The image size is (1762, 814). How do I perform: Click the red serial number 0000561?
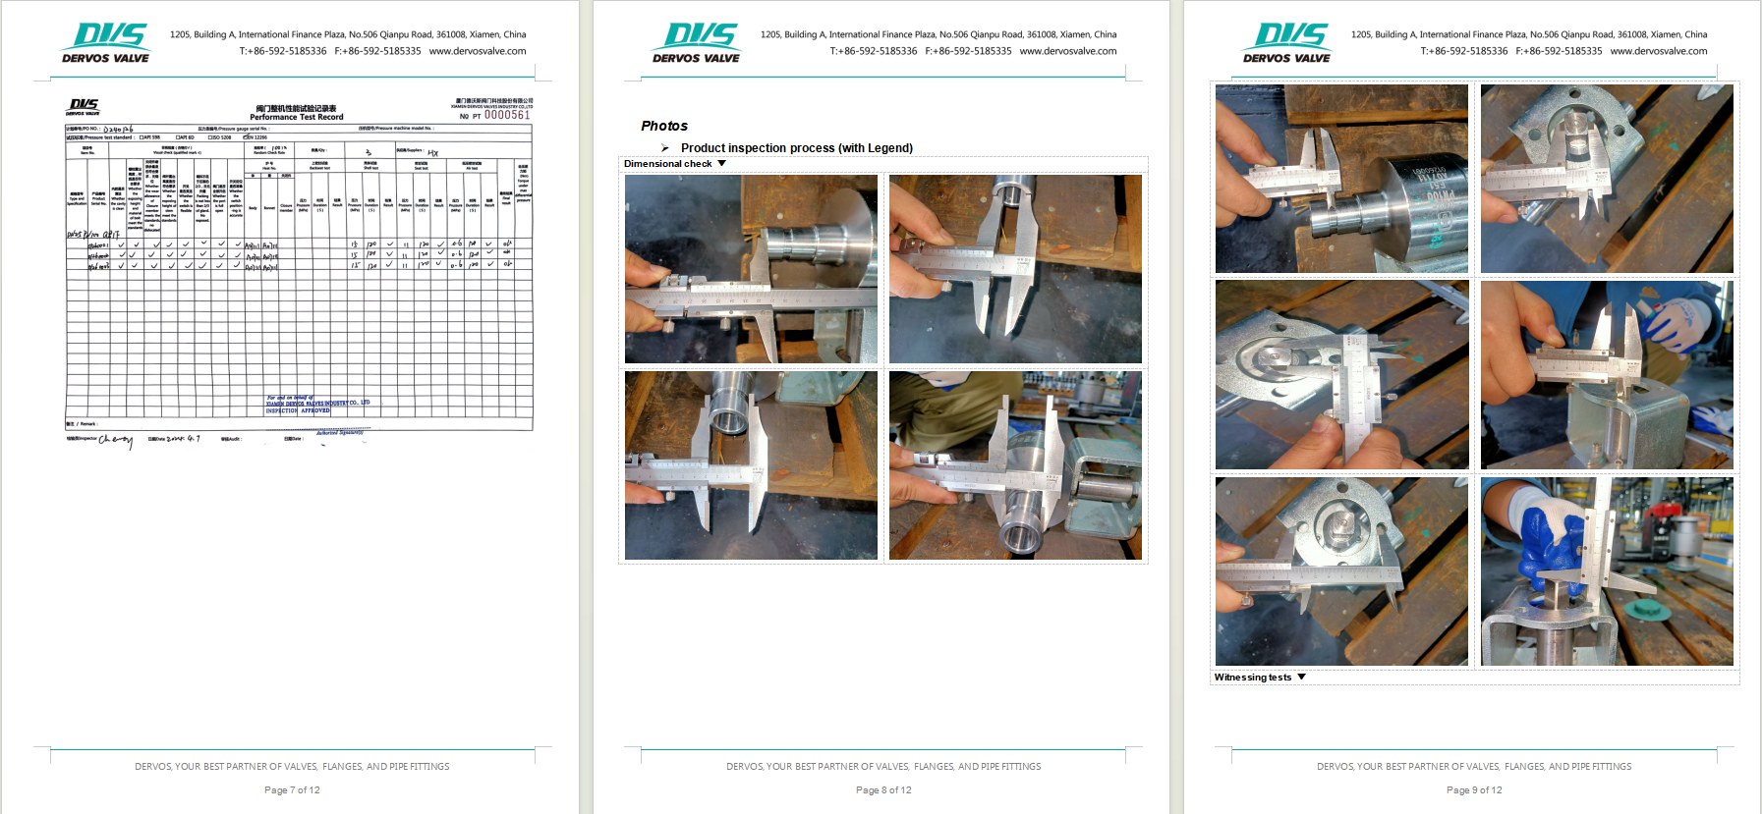tap(506, 115)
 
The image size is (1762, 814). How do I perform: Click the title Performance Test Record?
tap(297, 117)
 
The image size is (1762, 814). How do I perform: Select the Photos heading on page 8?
tap(664, 126)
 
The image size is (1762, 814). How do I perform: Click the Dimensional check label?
tap(667, 164)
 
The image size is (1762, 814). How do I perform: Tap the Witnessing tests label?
tap(1253, 678)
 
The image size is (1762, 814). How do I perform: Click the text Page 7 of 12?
tap(292, 789)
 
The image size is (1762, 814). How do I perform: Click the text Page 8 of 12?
tap(883, 789)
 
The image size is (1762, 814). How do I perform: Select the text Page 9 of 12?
tap(1474, 789)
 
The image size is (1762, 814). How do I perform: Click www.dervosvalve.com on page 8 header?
tap(1068, 51)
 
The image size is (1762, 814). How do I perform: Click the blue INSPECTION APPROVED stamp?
tap(298, 407)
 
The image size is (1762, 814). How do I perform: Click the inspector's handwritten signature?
tap(116, 440)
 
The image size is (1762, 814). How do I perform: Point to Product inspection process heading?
tap(797, 148)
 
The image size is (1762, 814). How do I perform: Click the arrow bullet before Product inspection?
tap(665, 148)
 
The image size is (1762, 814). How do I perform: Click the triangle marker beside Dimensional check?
tap(722, 164)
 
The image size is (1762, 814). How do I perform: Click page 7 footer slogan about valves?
tap(292, 766)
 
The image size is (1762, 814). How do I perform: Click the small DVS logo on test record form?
tap(84, 106)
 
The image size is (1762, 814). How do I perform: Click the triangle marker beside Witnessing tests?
tap(1302, 678)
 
